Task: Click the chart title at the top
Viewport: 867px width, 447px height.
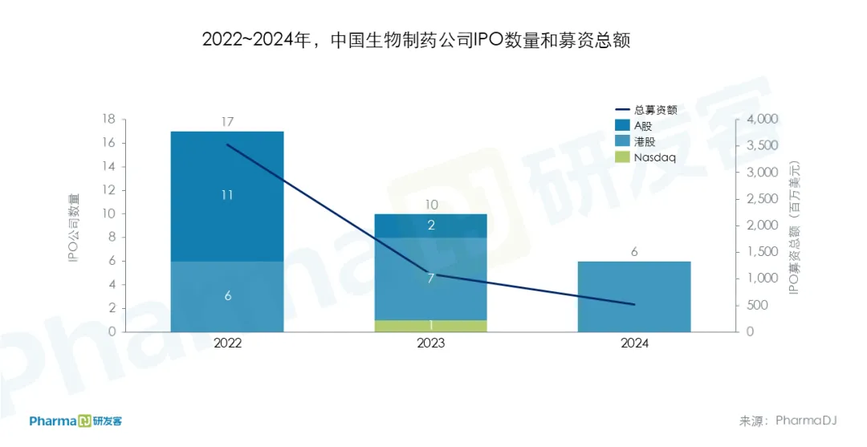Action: click(416, 41)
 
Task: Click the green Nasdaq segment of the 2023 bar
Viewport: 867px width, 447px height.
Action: click(431, 326)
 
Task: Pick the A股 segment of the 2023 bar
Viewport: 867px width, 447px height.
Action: click(431, 226)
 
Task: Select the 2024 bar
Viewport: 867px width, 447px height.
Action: click(634, 297)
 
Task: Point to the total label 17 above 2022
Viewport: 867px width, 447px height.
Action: click(227, 122)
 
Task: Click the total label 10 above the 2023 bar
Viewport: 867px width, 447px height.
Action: click(431, 205)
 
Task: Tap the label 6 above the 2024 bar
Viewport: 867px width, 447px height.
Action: click(634, 252)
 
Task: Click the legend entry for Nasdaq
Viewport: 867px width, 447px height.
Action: click(654, 157)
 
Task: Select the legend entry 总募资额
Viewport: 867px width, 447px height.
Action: click(655, 110)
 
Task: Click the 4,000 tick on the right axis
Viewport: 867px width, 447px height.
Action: click(763, 119)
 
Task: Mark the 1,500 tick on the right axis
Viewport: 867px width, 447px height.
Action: click(763, 252)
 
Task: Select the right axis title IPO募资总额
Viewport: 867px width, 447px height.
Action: click(794, 227)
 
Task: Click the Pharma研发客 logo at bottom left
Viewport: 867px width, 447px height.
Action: click(75, 421)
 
